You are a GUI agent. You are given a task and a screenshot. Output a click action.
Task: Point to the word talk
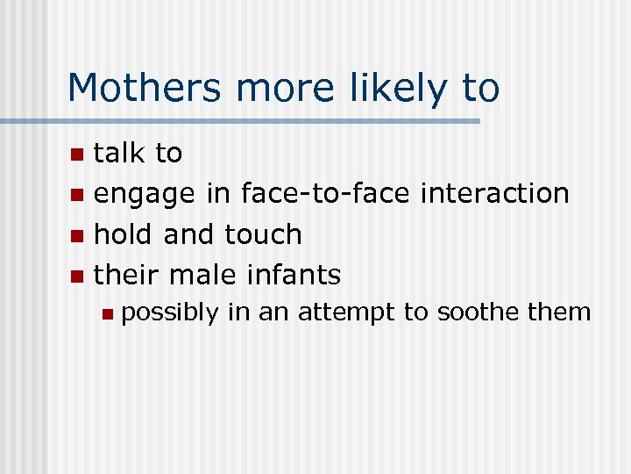tap(119, 154)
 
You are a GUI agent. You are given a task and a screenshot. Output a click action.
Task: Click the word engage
tap(145, 194)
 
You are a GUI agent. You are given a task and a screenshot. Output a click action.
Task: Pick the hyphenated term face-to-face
tap(327, 193)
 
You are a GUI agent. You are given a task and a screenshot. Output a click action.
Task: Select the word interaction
tap(495, 193)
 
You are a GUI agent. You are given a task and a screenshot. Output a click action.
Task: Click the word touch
tap(264, 234)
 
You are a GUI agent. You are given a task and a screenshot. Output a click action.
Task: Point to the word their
tap(125, 275)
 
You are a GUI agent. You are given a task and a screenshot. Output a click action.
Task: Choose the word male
tap(202, 275)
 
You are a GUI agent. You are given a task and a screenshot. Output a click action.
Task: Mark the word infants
tap(293, 275)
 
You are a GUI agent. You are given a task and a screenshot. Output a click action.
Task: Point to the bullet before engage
tap(78, 195)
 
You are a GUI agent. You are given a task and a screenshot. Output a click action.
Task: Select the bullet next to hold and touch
tap(78, 235)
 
